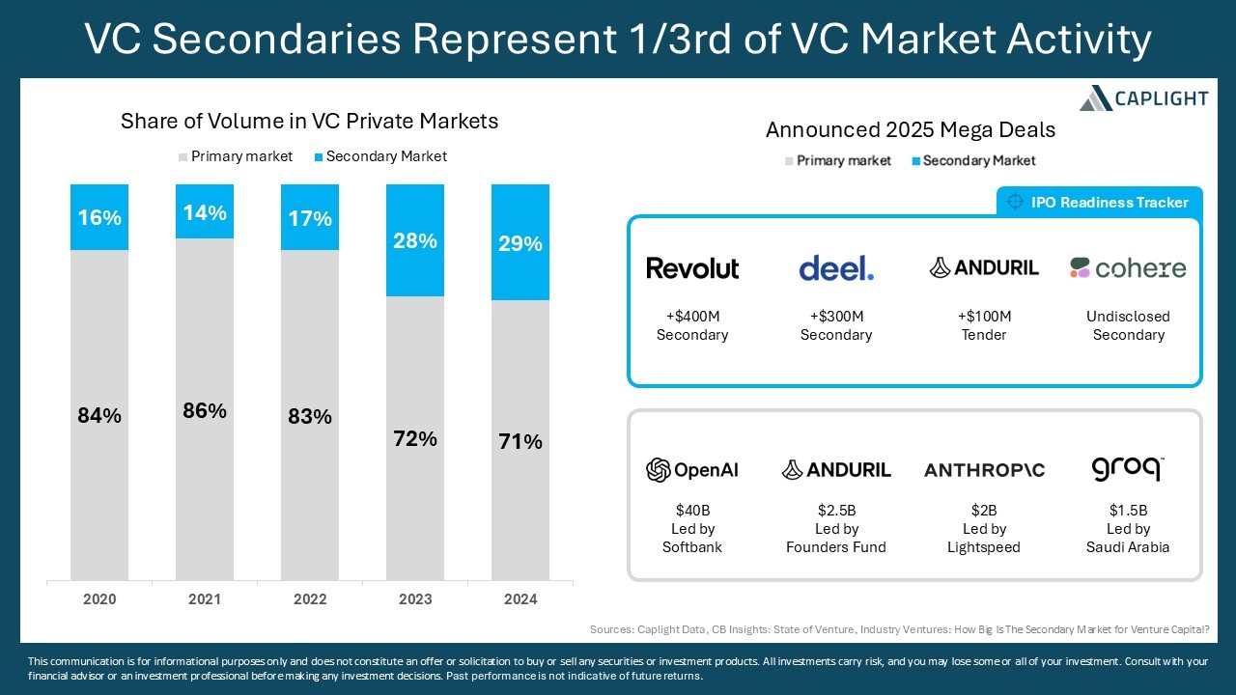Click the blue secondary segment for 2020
point(99,217)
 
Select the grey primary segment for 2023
point(415,438)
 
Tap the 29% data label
point(520,243)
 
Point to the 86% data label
point(205,411)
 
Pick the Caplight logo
point(1144,98)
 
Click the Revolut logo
point(692,268)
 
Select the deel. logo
point(836,268)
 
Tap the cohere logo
point(1128,268)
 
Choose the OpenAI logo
point(692,470)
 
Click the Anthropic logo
point(984,470)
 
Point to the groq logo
point(1128,469)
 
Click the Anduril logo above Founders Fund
point(836,470)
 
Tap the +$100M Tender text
point(984,325)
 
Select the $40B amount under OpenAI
point(692,511)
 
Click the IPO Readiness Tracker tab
point(1099,202)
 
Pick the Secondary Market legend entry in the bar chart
point(380,156)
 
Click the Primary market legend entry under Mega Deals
point(837,160)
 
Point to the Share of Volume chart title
point(310,121)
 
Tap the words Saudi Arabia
point(1128,547)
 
